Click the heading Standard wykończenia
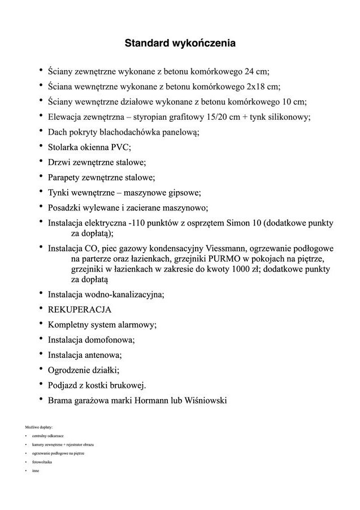pos(180,42)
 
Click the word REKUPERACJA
pos(80,310)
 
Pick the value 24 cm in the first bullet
pos(256,72)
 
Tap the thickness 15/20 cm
pos(223,117)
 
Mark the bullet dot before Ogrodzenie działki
pos(41,370)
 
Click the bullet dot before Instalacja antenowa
pos(41,355)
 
